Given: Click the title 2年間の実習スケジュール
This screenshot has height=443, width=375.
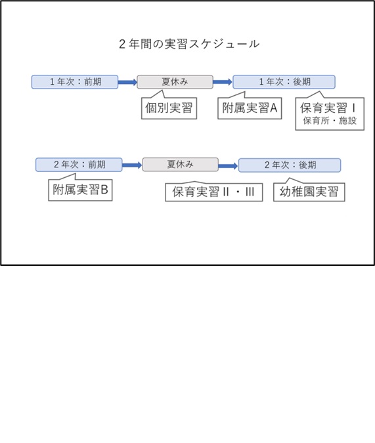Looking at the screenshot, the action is click(x=189, y=44).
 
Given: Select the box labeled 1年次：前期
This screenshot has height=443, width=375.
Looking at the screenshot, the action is click(x=75, y=82).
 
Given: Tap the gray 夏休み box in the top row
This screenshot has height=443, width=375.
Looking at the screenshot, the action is click(x=175, y=82).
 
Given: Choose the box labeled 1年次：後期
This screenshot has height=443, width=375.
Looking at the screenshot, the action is click(x=284, y=82).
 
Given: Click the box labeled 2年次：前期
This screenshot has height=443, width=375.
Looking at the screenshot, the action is click(x=79, y=165).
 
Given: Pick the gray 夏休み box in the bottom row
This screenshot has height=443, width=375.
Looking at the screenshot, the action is click(x=181, y=165).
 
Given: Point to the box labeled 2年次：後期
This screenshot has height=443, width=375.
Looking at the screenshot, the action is click(x=290, y=165).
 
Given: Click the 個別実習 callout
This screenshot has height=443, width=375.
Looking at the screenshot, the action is click(x=169, y=108).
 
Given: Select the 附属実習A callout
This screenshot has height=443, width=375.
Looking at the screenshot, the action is click(x=250, y=108).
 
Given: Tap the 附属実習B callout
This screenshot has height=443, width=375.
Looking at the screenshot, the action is click(x=80, y=190).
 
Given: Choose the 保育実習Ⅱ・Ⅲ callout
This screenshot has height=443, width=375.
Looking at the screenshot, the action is click(x=214, y=192).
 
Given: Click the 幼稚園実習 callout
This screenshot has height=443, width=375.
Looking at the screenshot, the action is click(x=309, y=192).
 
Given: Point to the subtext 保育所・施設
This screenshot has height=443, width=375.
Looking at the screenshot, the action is click(x=330, y=121).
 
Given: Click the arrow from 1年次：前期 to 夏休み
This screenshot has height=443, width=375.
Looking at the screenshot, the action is click(x=127, y=82).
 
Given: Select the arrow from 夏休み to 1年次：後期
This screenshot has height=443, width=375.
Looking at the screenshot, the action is click(x=223, y=82).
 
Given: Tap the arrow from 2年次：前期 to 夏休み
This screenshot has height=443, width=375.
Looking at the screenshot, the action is click(x=132, y=165).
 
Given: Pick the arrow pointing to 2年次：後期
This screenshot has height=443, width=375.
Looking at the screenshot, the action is click(x=229, y=166).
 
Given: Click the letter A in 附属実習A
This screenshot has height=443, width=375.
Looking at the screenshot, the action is click(x=273, y=108).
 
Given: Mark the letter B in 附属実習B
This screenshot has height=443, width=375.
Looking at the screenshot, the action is click(x=104, y=190).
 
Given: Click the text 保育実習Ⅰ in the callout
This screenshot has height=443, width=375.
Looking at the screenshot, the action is click(x=328, y=108).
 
